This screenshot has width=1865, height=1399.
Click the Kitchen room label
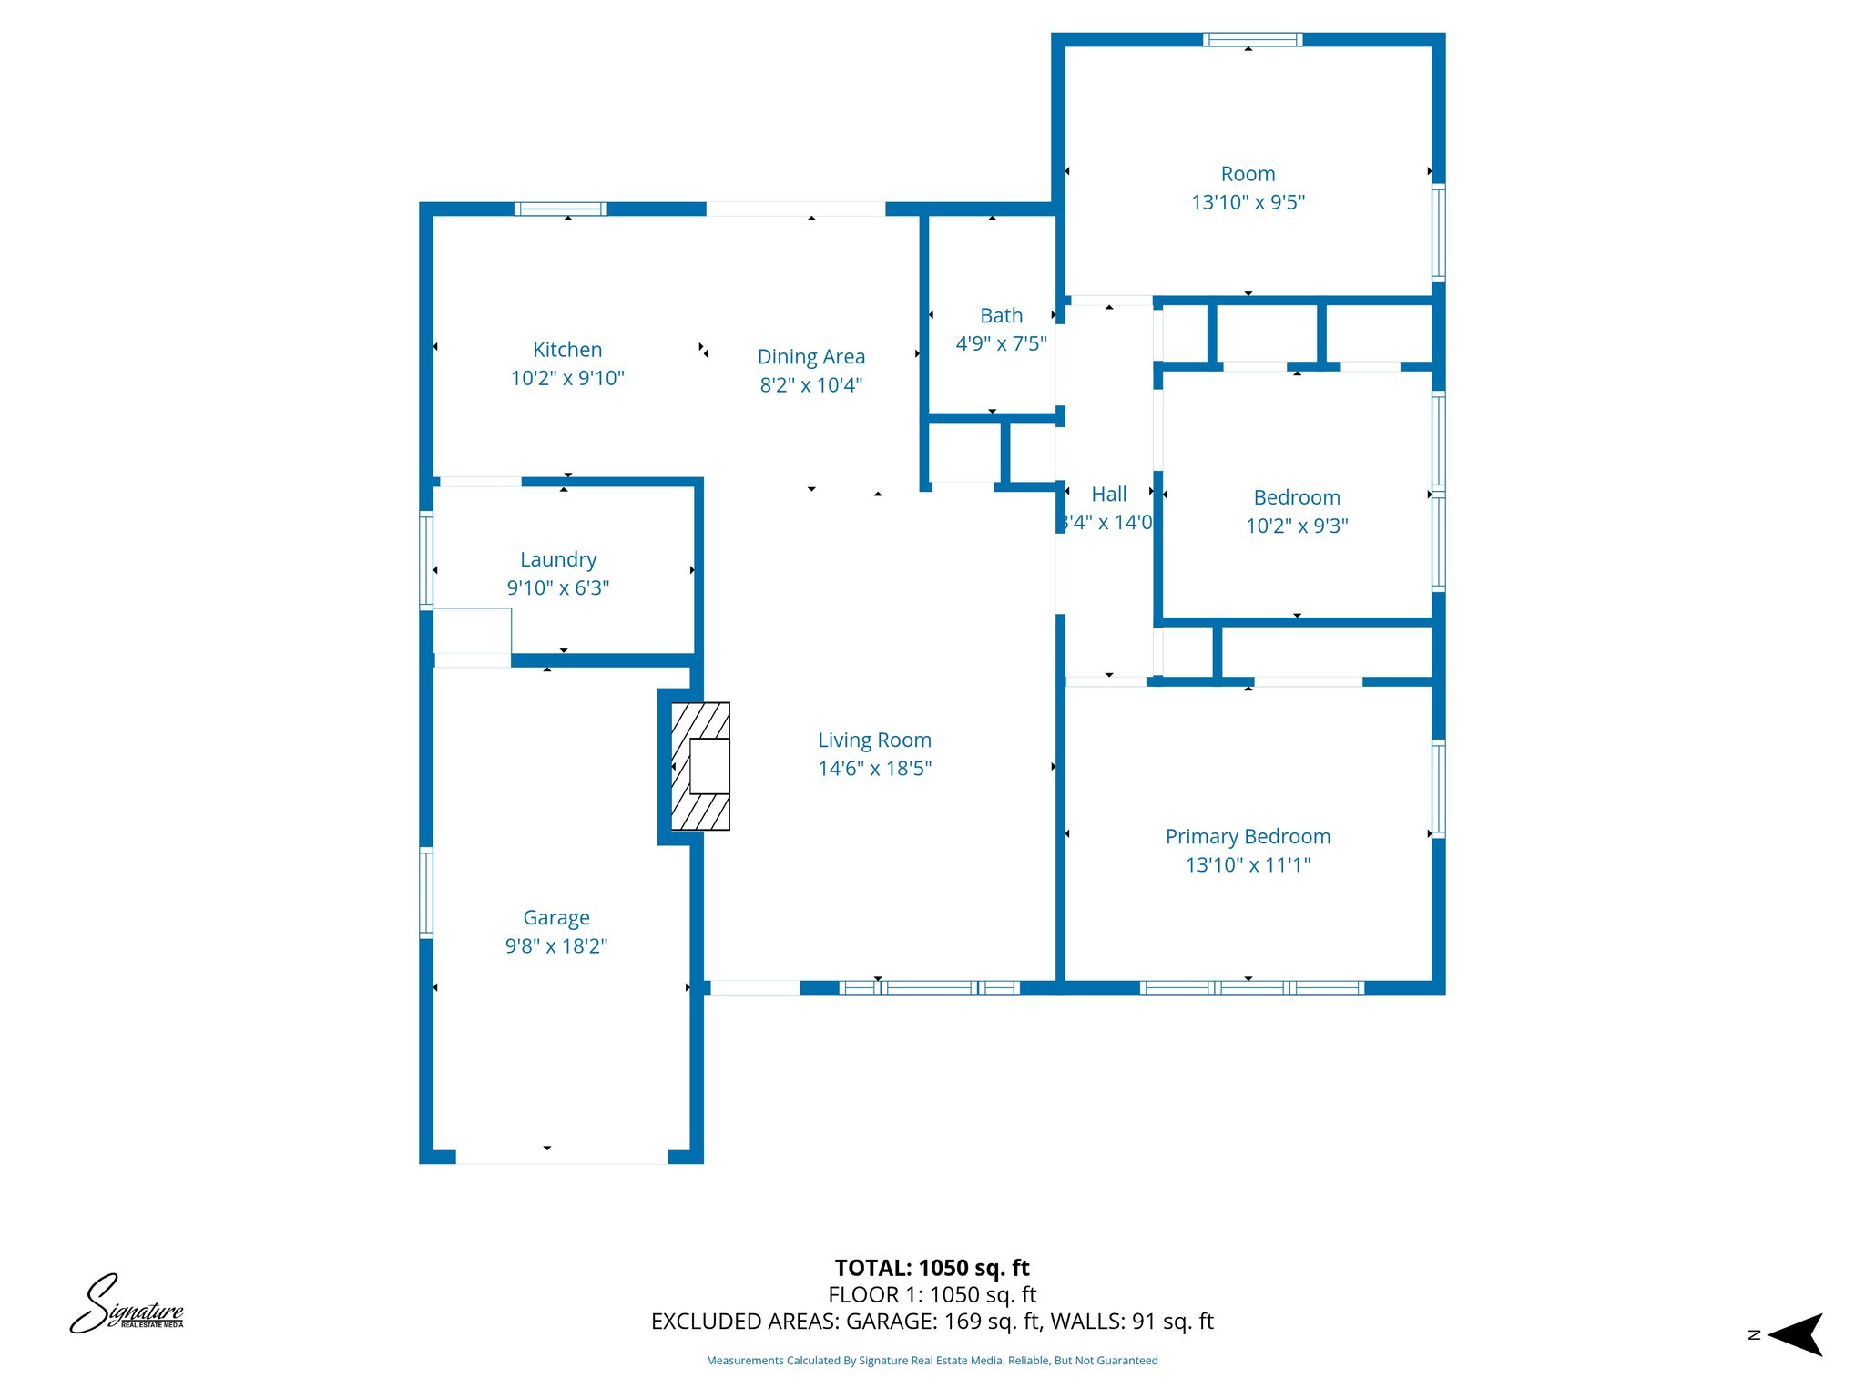(566, 350)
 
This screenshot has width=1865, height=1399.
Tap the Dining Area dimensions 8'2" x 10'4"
(810, 385)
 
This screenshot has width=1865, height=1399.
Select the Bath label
(1001, 316)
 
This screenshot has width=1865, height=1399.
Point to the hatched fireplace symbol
(700, 766)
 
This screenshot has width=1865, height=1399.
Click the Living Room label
(874, 740)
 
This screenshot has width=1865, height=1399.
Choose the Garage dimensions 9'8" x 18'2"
(555, 946)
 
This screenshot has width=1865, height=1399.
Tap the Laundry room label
(558, 559)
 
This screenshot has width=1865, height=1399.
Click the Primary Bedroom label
(1248, 837)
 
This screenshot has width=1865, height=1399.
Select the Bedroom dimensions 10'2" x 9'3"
(1297, 526)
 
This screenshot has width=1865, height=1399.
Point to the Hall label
(1108, 495)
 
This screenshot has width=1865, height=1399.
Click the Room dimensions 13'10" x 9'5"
(1248, 202)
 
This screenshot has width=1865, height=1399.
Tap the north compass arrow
(1795, 1334)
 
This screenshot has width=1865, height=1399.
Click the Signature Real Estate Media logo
(127, 1304)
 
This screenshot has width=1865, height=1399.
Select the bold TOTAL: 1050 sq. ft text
(932, 1268)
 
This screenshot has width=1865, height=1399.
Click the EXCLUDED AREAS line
(932, 1322)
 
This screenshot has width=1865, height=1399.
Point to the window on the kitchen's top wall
(560, 209)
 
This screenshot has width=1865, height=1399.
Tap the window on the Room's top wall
(1252, 39)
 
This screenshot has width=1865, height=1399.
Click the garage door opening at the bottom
(561, 1157)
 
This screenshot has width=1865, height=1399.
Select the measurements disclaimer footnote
(932, 1361)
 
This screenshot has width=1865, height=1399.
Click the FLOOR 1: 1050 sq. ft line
(932, 1295)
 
